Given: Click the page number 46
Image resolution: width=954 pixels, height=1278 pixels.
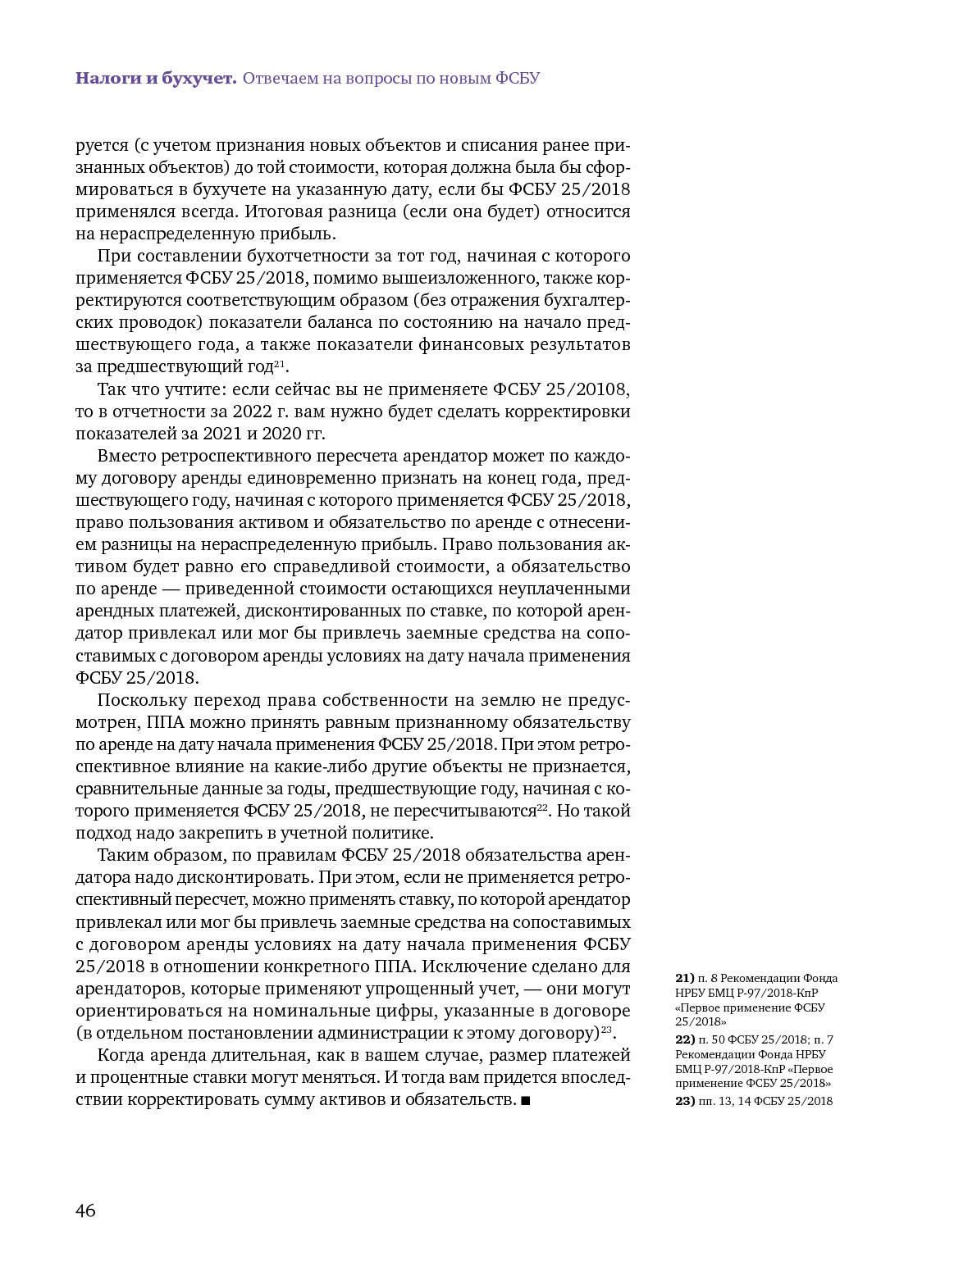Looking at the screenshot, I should point(85,1210).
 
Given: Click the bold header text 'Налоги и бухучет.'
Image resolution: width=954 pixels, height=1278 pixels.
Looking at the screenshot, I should point(156,79).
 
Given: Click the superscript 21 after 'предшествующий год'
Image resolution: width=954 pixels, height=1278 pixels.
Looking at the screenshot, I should point(279,362).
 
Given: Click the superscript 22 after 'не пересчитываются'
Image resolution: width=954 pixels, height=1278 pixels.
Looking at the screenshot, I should point(542,807).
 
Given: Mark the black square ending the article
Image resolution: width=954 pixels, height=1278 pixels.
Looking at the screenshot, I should point(526,1100).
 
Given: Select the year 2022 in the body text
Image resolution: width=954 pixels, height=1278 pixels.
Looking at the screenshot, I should point(252,412).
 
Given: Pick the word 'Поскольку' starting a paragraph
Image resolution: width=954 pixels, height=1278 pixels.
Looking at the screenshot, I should point(140,700).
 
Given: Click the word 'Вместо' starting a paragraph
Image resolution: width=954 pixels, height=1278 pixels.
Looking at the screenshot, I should point(126,456).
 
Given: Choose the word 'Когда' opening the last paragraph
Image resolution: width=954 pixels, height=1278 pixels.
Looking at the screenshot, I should point(121,1055).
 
